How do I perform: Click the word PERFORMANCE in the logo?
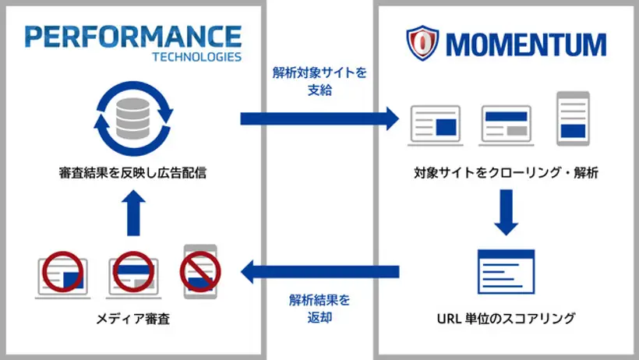click(x=133, y=37)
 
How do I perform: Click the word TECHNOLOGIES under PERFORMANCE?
click(x=196, y=57)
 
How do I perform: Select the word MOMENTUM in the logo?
click(x=526, y=44)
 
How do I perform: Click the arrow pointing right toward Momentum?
click(x=319, y=118)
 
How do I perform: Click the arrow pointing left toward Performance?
click(x=319, y=272)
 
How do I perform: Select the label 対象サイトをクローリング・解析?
click(x=507, y=173)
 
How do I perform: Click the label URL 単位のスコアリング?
click(x=506, y=317)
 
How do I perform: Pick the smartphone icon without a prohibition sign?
click(x=573, y=118)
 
